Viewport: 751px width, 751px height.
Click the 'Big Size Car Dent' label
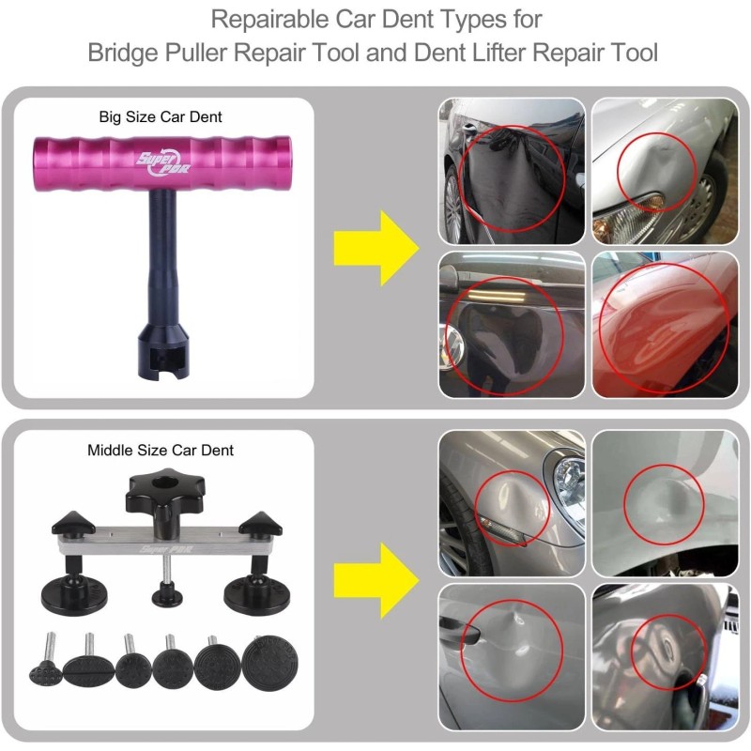pyautogui.click(x=161, y=117)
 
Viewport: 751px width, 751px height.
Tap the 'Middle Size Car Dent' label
pyautogui.click(x=161, y=450)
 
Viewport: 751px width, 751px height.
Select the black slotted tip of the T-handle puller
pyautogui.click(x=164, y=351)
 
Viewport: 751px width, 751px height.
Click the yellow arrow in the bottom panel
pyautogui.click(x=375, y=579)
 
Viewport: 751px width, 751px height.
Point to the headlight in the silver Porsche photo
pyautogui.click(x=567, y=473)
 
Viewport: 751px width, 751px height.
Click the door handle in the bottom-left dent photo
pyautogui.click(x=458, y=635)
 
